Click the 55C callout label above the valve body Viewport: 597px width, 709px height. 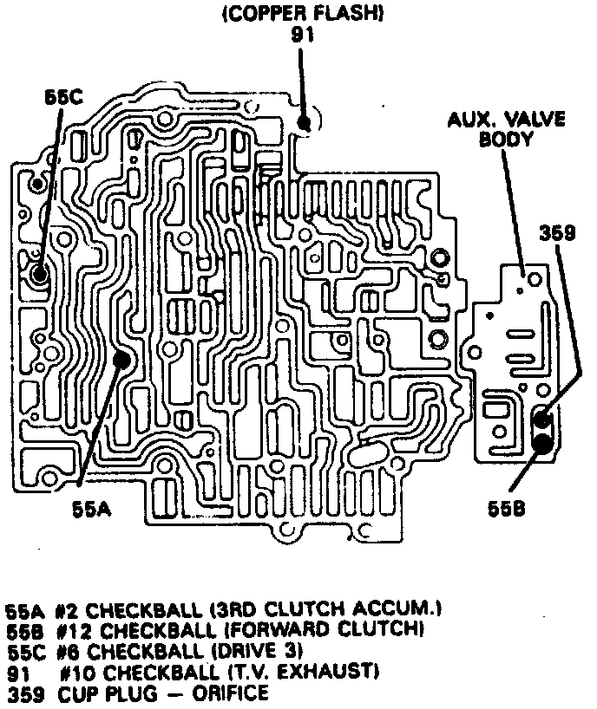63,98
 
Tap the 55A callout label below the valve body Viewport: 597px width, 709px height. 89,511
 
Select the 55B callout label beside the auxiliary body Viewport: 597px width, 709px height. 506,511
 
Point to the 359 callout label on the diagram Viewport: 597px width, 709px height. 557,231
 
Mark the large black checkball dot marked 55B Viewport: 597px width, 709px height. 543,443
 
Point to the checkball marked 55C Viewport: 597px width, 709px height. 39,275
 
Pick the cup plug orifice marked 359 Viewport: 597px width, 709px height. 542,421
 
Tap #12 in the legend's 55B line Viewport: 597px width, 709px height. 74,629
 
